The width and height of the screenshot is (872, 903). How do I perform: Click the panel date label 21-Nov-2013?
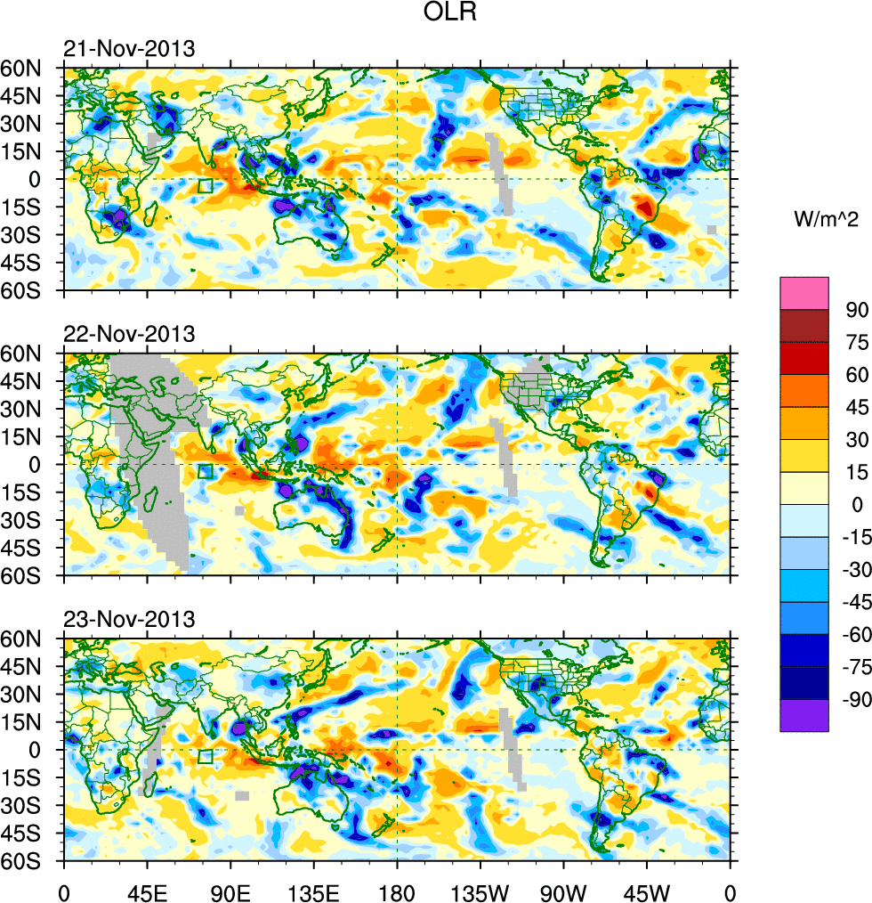[x=129, y=49]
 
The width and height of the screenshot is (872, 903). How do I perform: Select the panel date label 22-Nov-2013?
[x=129, y=335]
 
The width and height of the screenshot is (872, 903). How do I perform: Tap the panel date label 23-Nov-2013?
[x=129, y=620]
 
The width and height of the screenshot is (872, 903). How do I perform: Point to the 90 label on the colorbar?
[x=856, y=309]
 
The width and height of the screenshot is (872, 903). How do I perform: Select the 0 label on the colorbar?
[x=856, y=505]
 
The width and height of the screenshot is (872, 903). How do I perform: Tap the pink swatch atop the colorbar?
[x=804, y=293]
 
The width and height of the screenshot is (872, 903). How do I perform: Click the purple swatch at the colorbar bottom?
[x=804, y=715]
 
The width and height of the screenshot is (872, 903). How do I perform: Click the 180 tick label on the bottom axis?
[x=397, y=891]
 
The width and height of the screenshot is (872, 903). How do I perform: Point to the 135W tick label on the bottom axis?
[x=480, y=891]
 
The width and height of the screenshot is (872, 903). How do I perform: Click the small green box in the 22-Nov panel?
[x=206, y=471]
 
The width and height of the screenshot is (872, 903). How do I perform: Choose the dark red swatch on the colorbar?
[x=804, y=325]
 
